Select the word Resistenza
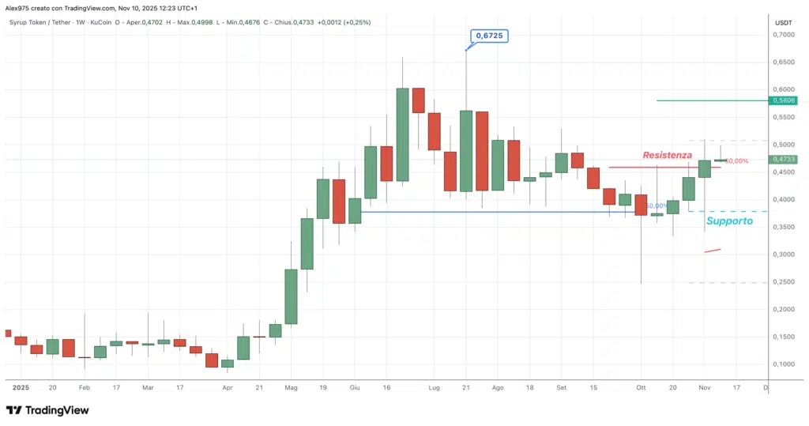(667, 156)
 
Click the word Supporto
(729, 221)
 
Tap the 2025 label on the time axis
(21, 388)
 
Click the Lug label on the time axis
(434, 388)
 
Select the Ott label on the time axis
(641, 388)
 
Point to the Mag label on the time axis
(291, 388)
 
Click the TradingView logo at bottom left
(47, 410)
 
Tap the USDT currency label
(783, 23)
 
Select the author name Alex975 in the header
(20, 8)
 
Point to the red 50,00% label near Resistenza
(736, 161)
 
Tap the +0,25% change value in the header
(356, 22)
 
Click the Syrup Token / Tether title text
(37, 22)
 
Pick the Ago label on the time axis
(498, 388)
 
